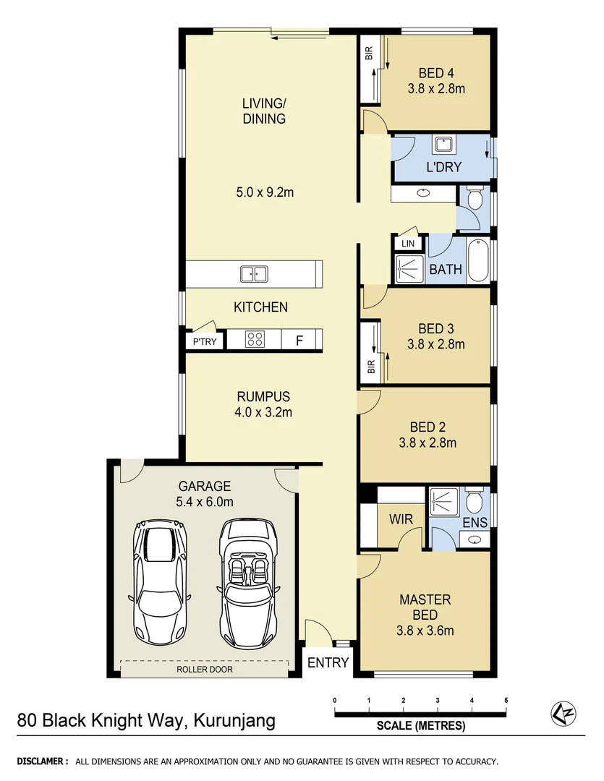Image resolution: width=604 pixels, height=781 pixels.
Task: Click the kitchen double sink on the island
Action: click(x=254, y=274)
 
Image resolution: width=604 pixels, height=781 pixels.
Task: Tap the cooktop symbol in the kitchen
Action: click(x=254, y=339)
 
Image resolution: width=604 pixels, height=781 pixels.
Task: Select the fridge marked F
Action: click(x=298, y=341)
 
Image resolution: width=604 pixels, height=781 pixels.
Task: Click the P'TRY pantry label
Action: click(x=204, y=342)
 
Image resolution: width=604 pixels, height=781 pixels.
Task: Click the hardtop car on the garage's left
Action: click(x=159, y=579)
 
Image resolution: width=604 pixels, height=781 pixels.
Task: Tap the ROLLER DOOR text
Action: click(x=205, y=670)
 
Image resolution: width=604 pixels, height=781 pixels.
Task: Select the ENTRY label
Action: click(x=328, y=662)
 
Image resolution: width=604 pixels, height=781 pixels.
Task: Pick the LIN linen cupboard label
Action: click(x=407, y=244)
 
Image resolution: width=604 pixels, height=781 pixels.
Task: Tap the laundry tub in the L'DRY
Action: click(x=443, y=145)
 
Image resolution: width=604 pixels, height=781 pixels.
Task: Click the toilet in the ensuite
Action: click(x=475, y=500)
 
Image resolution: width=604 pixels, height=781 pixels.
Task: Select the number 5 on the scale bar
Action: click(x=506, y=700)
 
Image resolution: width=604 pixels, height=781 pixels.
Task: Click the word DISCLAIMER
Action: click(x=43, y=761)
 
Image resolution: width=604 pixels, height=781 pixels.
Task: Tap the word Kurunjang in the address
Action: click(x=235, y=721)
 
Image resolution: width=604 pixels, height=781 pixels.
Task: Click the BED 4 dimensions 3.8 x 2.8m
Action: click(x=436, y=89)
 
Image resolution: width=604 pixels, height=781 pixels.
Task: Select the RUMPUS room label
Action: click(x=263, y=396)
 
